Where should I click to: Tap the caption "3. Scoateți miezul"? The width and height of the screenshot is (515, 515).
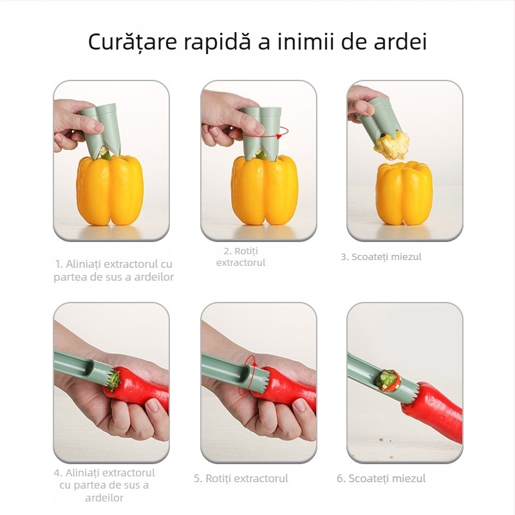pos(380,256)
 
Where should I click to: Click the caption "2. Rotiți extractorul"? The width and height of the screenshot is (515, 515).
pos(241,256)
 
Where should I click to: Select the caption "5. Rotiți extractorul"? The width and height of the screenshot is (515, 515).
pos(241,478)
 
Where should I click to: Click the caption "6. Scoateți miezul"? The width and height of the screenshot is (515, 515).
pos(380,478)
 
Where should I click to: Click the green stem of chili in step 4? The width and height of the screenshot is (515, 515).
pos(113,380)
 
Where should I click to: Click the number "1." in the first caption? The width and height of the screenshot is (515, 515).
pos(59,264)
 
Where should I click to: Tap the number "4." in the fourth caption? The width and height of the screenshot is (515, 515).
pos(58,473)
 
